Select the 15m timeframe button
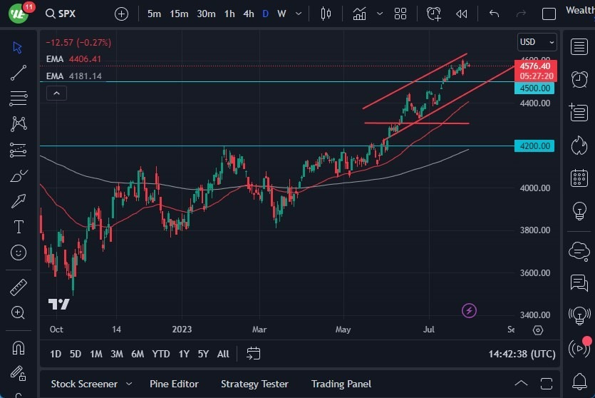point(179,14)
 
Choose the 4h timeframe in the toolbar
point(248,14)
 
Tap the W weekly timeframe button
point(281,14)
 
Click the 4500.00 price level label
point(534,88)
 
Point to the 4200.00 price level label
point(534,146)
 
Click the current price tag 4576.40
point(534,66)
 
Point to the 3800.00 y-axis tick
point(534,230)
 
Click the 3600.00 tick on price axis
point(534,272)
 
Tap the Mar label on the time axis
point(259,330)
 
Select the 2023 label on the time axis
point(182,330)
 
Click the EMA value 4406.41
point(85,58)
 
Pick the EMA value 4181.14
point(85,76)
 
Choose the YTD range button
point(161,354)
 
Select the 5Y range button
point(203,354)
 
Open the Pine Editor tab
point(174,384)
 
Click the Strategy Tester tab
point(254,384)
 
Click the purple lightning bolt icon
point(469,310)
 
